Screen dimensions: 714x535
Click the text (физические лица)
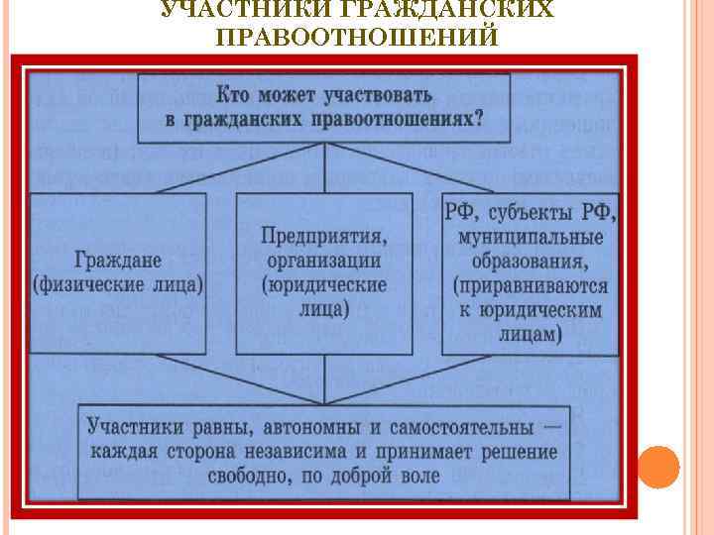(x=118, y=284)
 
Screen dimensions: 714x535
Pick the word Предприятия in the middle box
(x=323, y=237)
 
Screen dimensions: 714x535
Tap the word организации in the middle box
(x=323, y=261)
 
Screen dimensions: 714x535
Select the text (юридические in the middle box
(x=323, y=284)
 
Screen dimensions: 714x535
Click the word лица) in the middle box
(x=323, y=308)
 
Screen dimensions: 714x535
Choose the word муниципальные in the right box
(x=531, y=239)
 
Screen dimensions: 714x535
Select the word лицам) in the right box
(x=526, y=334)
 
